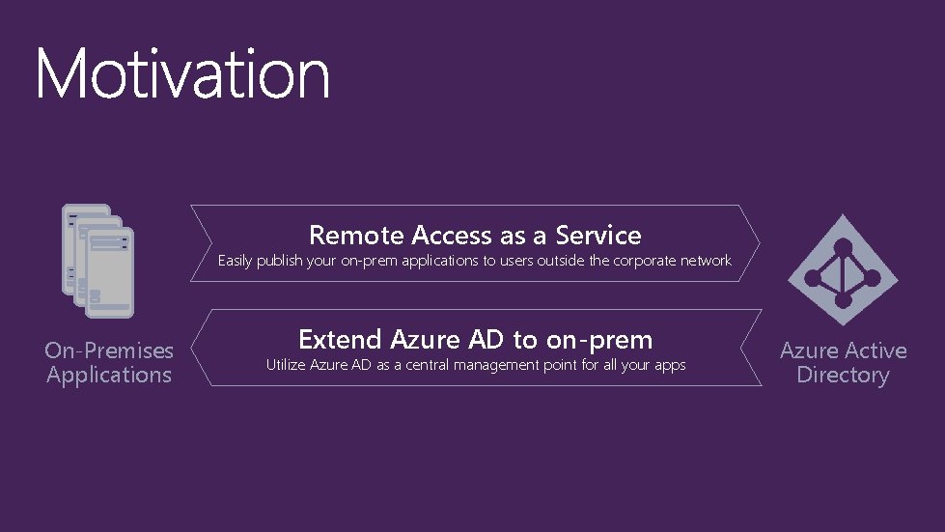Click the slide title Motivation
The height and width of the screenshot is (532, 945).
tap(182, 73)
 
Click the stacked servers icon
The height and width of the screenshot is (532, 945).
tap(97, 260)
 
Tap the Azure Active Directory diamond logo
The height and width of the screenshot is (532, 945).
tap(843, 269)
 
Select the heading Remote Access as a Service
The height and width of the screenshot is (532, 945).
tap(475, 235)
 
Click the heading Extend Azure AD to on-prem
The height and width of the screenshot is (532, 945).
tap(475, 339)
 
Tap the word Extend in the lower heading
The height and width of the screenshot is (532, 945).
tap(342, 339)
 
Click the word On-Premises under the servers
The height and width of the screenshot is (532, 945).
tap(109, 350)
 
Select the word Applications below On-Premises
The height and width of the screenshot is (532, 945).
tap(109, 375)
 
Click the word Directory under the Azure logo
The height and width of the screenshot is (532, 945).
tap(843, 375)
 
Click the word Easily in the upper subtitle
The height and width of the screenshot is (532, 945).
tap(235, 261)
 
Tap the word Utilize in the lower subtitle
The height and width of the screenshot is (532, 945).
tap(287, 365)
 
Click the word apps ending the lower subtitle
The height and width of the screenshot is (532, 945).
tap(669, 366)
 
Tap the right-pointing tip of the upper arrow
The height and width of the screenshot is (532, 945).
tap(757, 243)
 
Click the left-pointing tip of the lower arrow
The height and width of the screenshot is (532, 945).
tap(193, 348)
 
